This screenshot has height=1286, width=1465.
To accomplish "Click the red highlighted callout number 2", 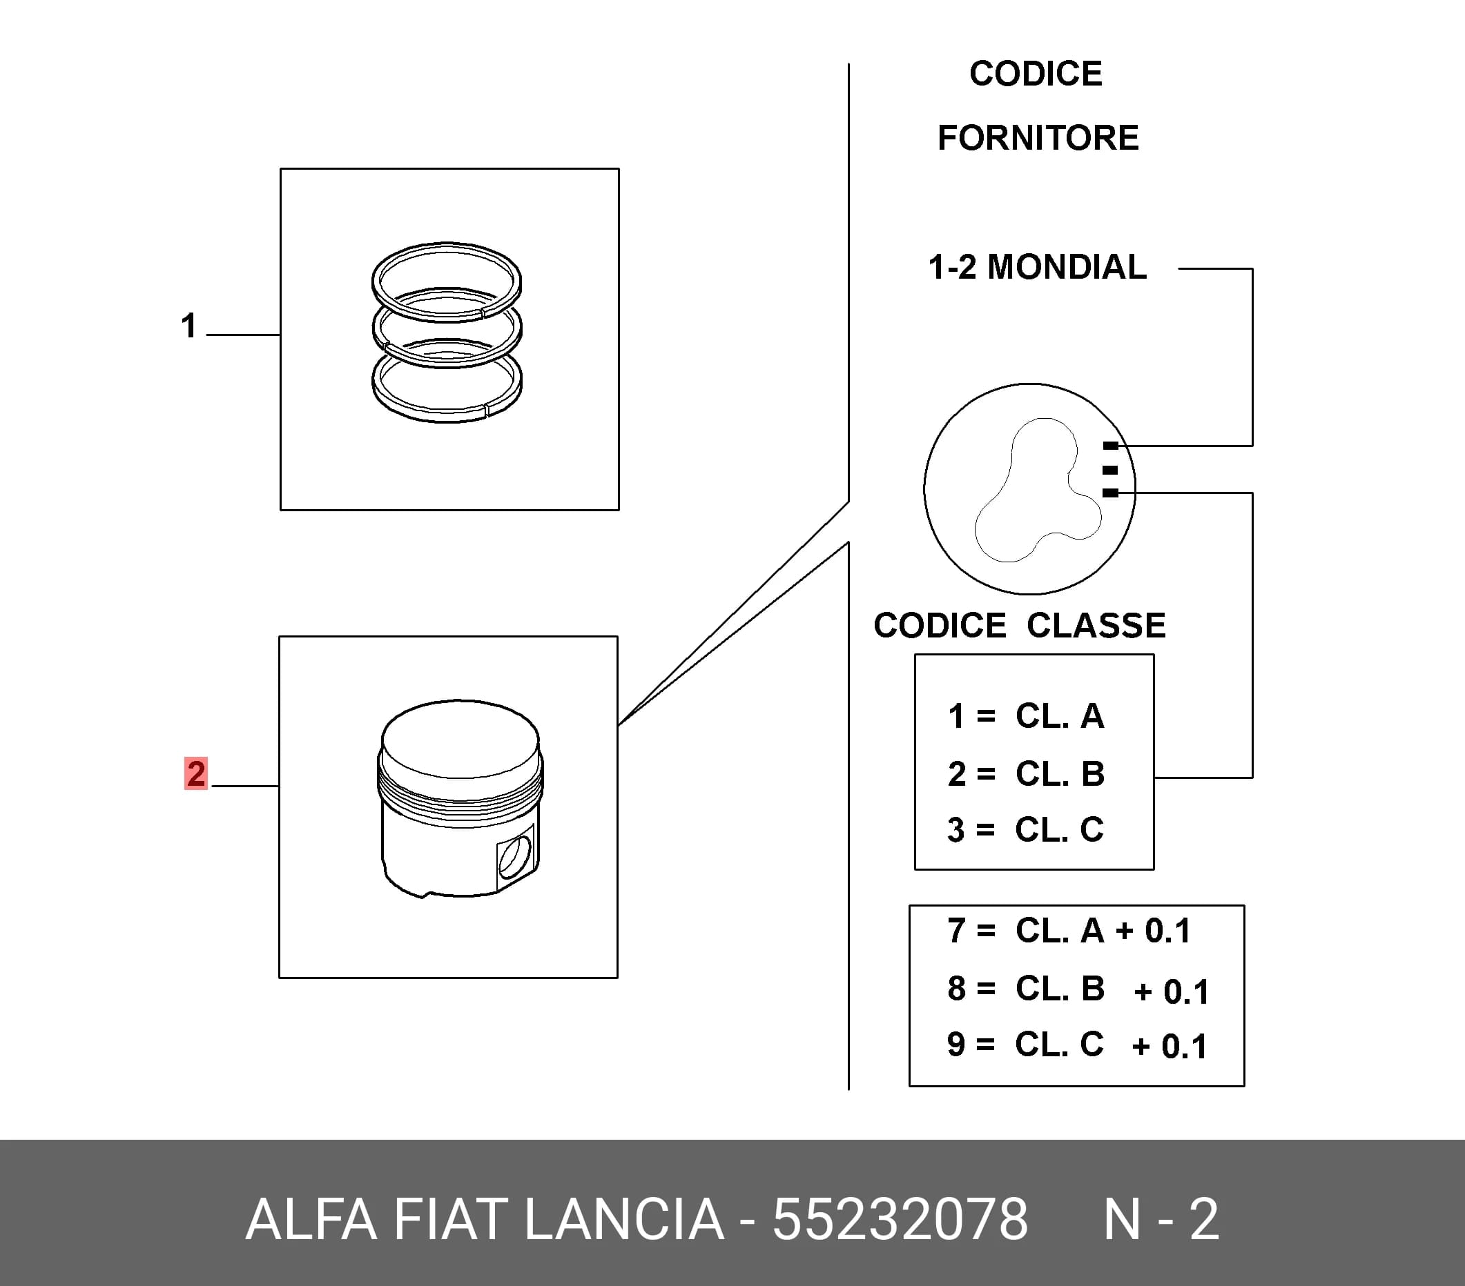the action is coord(195,773).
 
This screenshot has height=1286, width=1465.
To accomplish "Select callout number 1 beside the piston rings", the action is coord(188,325).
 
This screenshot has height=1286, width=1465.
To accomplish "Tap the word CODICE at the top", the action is coord(1036,73).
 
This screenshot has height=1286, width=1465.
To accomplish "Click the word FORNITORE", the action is coord(1038,137).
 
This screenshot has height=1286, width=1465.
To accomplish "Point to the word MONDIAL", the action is coord(1067,267).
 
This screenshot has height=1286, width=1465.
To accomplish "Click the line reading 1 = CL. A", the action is coord(1026,715).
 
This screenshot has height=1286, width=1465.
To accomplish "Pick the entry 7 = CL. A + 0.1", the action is coord(1069,931).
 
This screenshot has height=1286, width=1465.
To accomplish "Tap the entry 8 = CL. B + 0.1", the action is coord(1078,990).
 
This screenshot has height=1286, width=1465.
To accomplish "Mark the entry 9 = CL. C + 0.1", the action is coord(1077,1045).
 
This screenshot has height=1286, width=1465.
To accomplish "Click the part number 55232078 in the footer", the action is coord(900,1219).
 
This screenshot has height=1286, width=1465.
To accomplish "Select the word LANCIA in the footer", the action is coord(624,1219).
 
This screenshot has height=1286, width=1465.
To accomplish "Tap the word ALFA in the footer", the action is coord(311,1219).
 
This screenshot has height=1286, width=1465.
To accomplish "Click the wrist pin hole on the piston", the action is coord(515,858).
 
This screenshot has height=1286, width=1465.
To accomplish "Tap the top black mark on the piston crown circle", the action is coord(1110,446).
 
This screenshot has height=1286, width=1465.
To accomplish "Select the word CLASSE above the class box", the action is coord(1096,626).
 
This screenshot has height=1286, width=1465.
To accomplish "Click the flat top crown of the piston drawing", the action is coord(460,738).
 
